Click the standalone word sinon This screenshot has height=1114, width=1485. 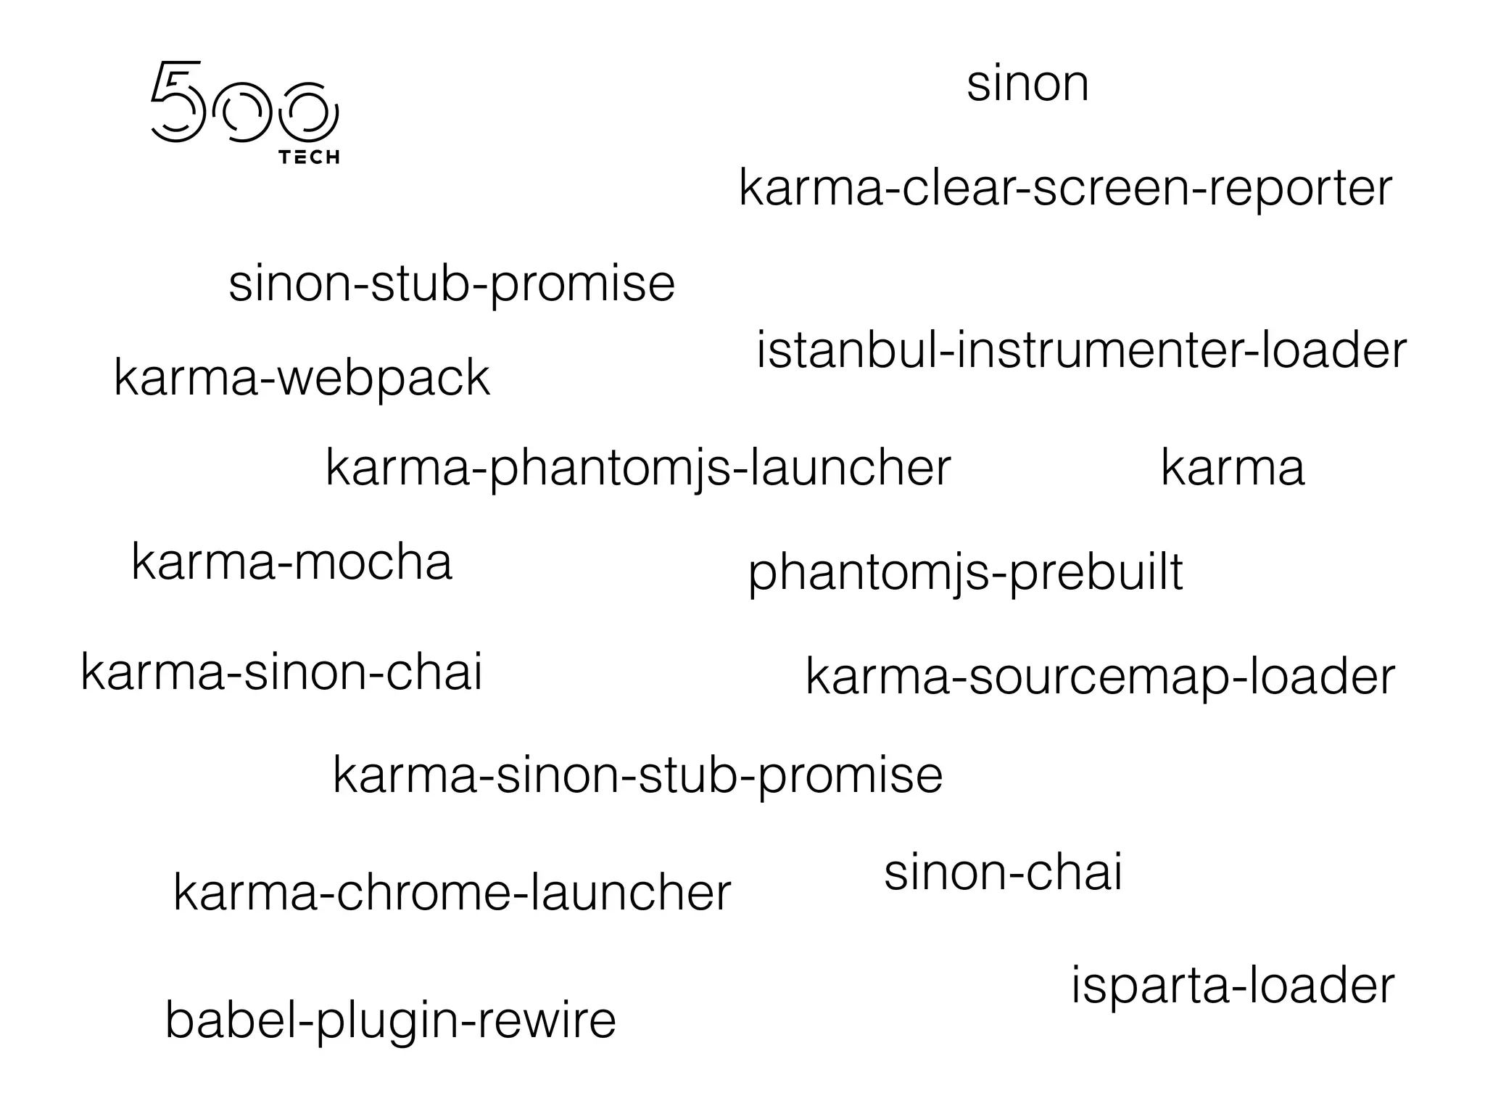(x=1027, y=84)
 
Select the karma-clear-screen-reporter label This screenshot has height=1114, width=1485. (x=1065, y=189)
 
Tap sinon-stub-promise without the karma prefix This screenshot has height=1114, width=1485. (x=452, y=284)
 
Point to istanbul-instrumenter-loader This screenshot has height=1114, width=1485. (x=1081, y=351)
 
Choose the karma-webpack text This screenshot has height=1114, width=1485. (x=302, y=378)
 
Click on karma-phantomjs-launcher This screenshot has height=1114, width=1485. (x=638, y=468)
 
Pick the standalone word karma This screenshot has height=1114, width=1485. (x=1233, y=468)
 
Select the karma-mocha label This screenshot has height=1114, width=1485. (x=291, y=562)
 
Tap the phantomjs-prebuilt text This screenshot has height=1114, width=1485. (x=965, y=573)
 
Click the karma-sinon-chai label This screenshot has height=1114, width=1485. (x=281, y=672)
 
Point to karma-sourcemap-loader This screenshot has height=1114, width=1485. (x=1100, y=677)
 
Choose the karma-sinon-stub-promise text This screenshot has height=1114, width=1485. (x=637, y=775)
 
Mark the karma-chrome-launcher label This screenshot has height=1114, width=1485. (x=452, y=893)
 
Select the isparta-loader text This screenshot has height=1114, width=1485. (x=1233, y=986)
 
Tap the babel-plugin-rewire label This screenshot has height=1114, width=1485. (x=390, y=1020)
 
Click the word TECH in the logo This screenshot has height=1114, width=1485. (x=309, y=157)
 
